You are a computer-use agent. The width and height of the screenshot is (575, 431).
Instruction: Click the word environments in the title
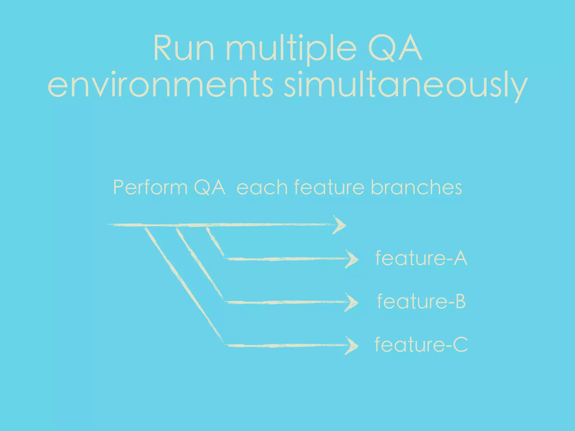click(160, 84)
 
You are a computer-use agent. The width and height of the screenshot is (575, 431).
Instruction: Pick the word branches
click(416, 187)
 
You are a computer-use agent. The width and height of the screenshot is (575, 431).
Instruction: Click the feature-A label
click(421, 258)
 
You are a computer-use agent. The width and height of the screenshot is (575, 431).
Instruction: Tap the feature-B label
click(421, 301)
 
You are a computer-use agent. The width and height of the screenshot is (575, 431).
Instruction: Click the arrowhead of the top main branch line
click(340, 225)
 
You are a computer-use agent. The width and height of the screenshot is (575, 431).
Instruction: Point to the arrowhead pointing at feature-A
click(352, 259)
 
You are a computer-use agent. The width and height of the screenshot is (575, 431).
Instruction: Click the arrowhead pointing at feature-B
click(352, 302)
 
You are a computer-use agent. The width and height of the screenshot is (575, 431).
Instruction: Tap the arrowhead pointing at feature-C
click(352, 346)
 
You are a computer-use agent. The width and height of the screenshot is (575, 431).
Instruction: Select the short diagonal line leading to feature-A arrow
click(215, 242)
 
